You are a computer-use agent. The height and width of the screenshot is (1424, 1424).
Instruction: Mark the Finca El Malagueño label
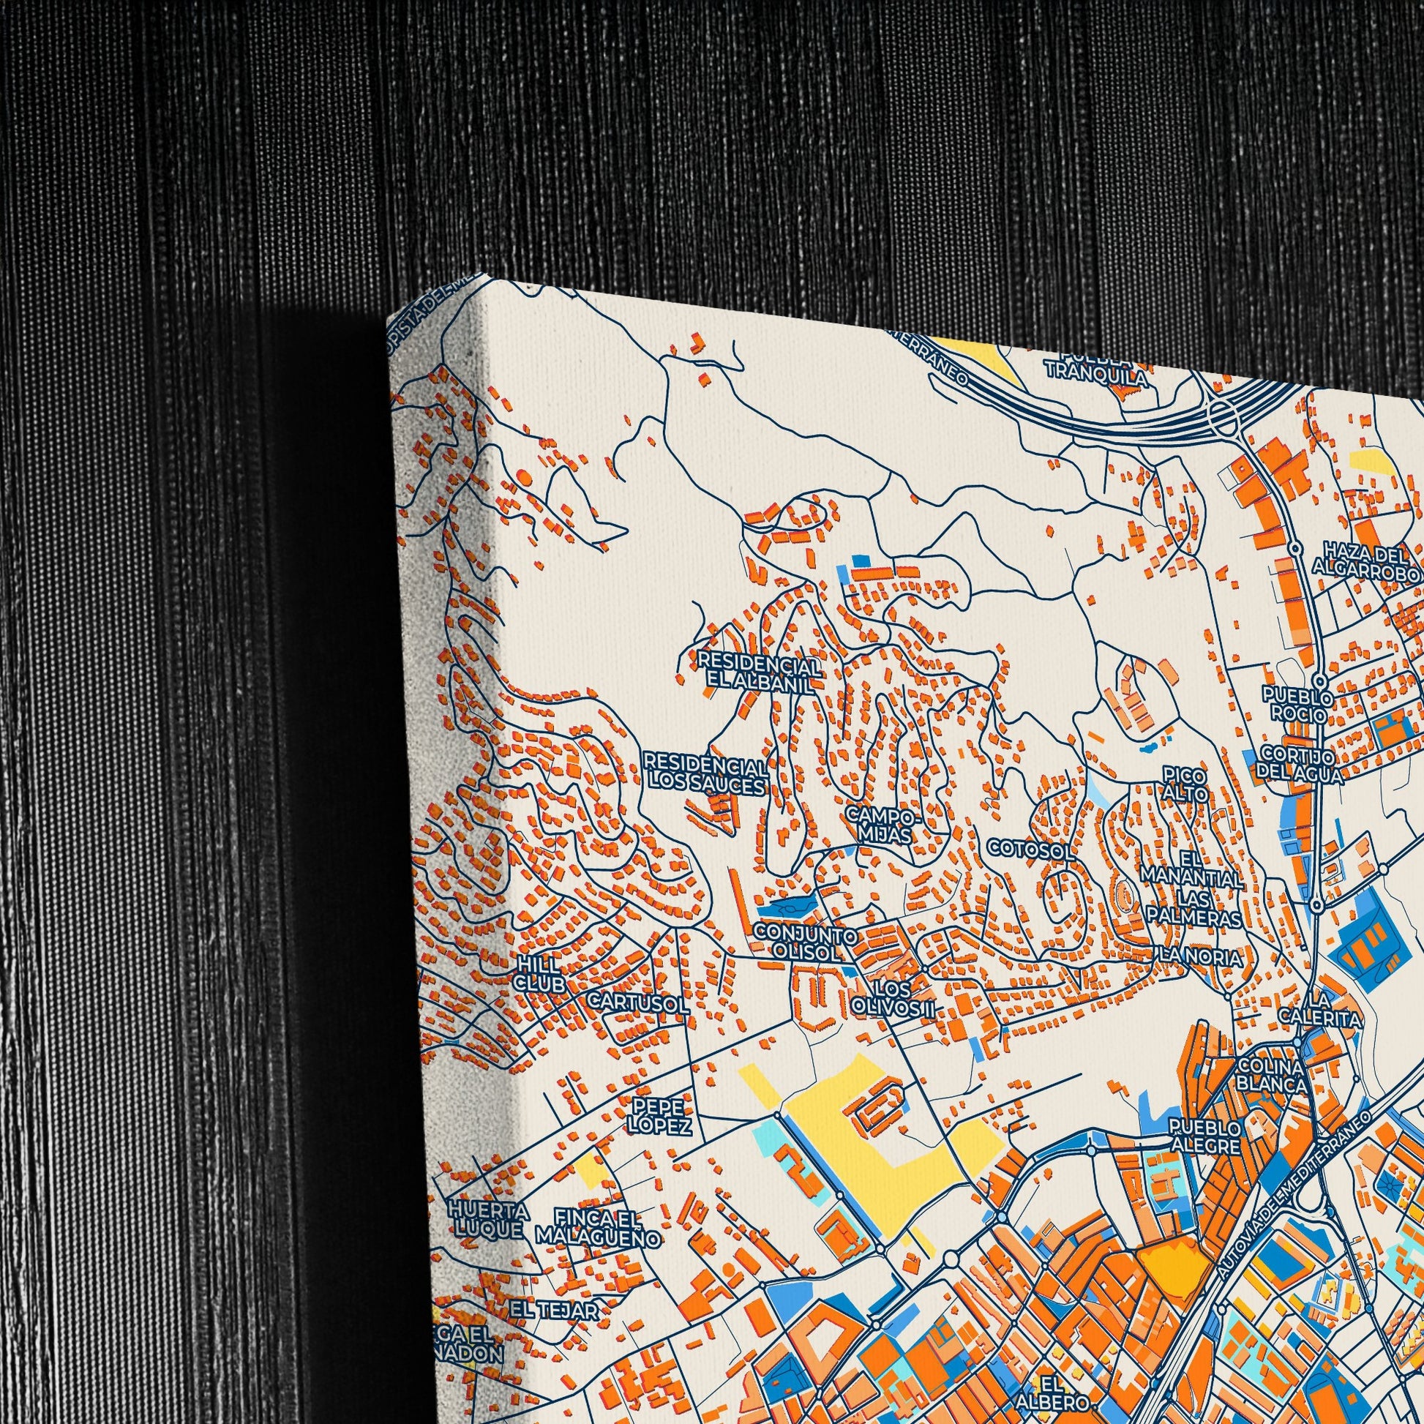597,1226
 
